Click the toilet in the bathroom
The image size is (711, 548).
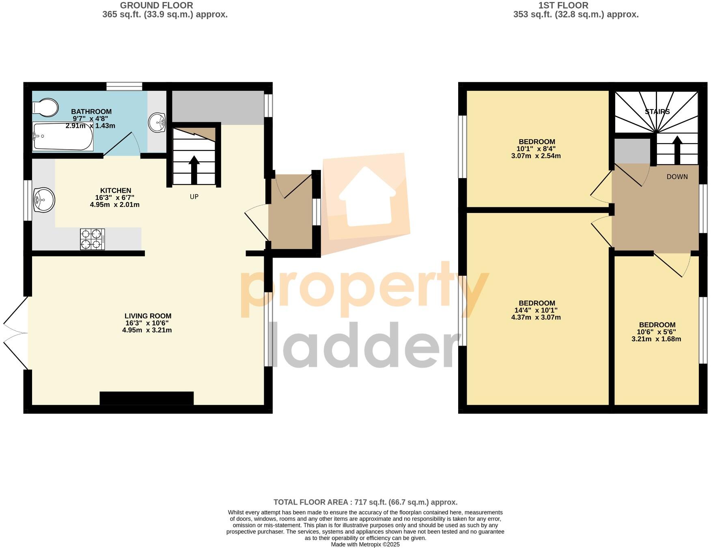pos(45,107)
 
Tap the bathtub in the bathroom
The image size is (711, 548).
pos(63,137)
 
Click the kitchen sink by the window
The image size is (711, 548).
pos(44,200)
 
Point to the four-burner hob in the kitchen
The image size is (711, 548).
pos(92,239)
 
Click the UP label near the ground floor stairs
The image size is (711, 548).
pos(194,197)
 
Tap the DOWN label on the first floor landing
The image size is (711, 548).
pos(677,177)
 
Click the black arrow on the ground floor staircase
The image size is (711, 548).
pos(194,170)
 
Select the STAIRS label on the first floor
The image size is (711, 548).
pos(657,112)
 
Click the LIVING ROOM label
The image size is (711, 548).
pos(148,316)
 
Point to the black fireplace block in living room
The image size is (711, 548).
pos(147,398)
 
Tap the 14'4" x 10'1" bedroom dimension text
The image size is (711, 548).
pos(536,310)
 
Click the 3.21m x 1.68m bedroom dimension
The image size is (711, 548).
pos(656,339)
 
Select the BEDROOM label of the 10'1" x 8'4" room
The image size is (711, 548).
pos(536,142)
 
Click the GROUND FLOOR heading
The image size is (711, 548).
pos(156,6)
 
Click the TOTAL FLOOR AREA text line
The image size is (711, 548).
pos(365,502)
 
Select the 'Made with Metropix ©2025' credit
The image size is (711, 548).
pos(365,544)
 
